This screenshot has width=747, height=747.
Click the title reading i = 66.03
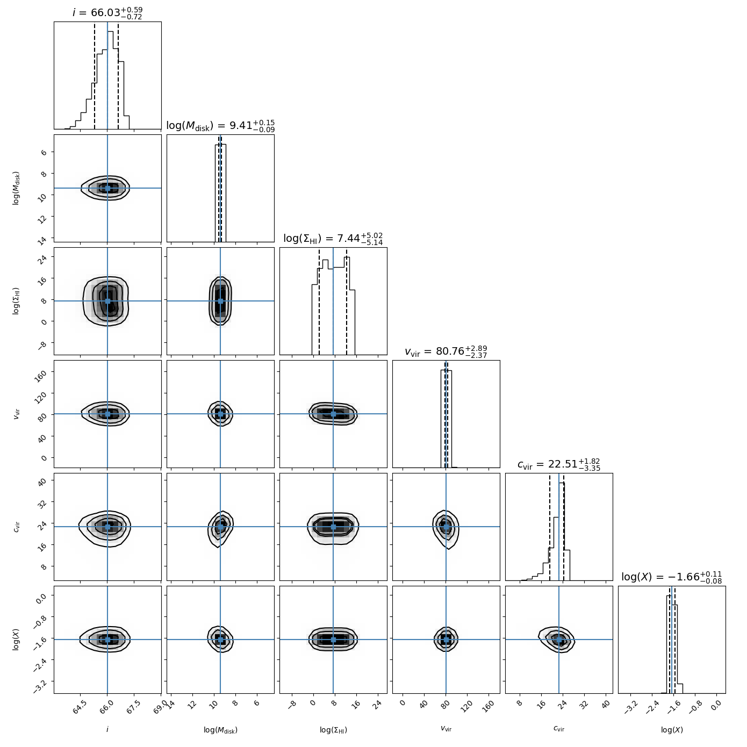point(107,13)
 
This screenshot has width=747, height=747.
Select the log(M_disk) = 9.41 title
point(220,126)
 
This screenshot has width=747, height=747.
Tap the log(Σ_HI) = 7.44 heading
point(333,239)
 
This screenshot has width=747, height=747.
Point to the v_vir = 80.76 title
point(446,351)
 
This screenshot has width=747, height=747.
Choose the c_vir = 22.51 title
point(559,464)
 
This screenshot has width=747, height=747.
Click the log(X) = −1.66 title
point(672,577)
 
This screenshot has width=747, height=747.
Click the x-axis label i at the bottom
point(107,729)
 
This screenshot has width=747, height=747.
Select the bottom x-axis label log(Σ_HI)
point(333,730)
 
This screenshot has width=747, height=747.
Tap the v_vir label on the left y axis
point(17,414)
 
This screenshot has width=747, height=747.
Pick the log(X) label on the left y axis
point(17,640)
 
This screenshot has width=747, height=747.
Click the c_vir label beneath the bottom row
point(559,729)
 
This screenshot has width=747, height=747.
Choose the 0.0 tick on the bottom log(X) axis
point(715,705)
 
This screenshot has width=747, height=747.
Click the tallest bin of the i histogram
point(110,81)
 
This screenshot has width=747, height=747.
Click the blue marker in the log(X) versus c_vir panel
point(559,640)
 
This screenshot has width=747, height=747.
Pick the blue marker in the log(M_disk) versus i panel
point(107,188)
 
